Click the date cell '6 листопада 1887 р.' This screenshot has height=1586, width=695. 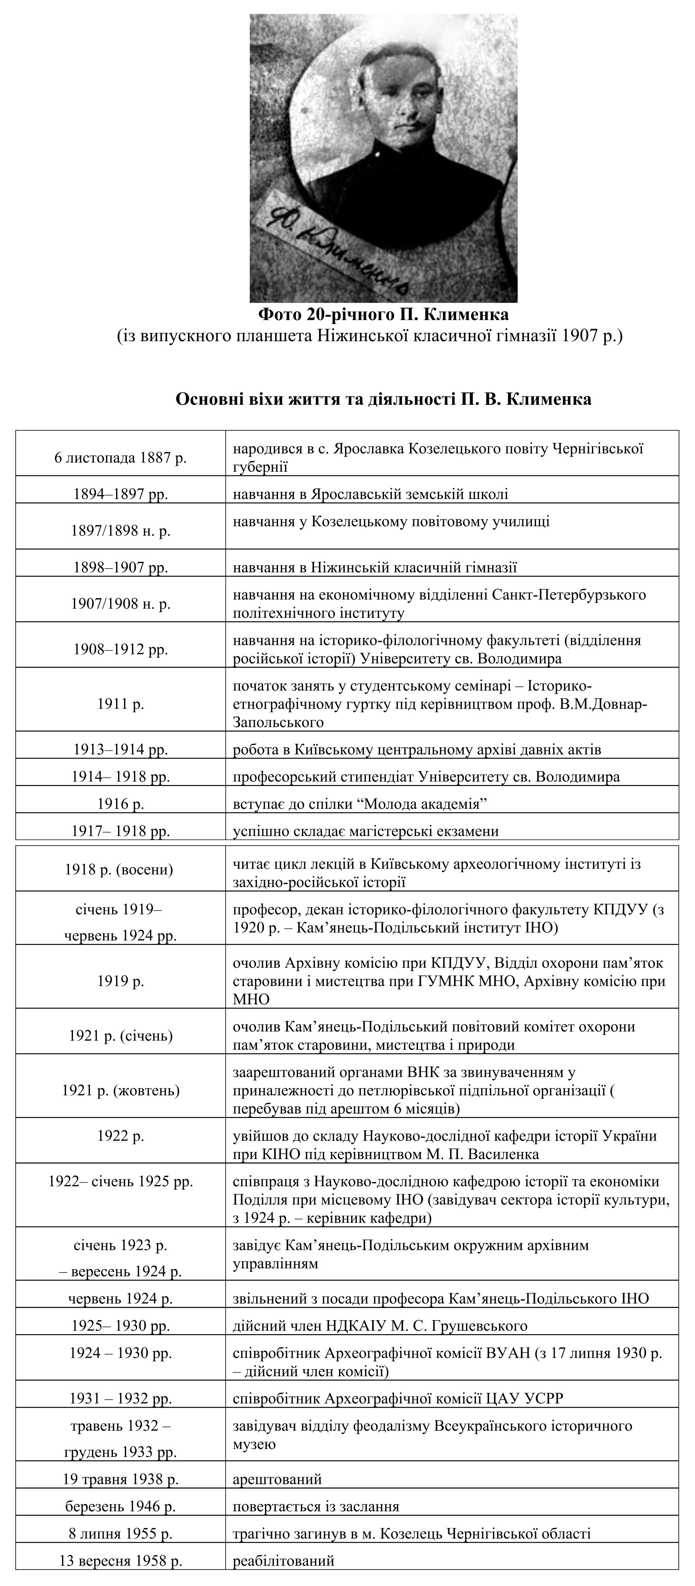tap(121, 458)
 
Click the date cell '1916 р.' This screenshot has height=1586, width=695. tap(121, 804)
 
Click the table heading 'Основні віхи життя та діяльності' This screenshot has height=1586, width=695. tap(383, 399)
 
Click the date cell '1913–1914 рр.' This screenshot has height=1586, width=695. tap(121, 749)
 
